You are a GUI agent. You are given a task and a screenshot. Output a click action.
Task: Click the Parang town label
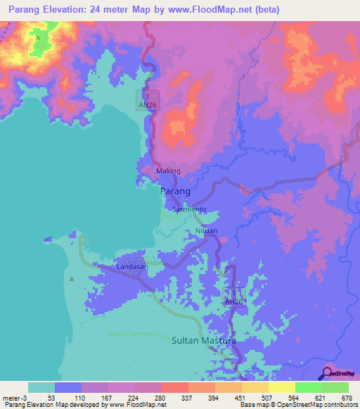[176, 191]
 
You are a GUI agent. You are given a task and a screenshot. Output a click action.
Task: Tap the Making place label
[168, 171]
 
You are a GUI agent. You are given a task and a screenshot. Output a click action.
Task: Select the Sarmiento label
[189, 209]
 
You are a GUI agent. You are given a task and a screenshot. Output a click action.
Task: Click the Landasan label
[131, 266]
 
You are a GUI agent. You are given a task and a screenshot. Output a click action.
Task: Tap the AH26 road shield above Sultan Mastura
[233, 301]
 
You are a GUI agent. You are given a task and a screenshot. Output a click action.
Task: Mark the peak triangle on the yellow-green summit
[37, 37]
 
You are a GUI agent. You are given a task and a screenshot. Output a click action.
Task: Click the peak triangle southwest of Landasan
[71, 279]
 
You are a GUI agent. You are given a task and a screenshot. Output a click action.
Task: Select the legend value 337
[186, 397]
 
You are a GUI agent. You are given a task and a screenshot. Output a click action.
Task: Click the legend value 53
[51, 397]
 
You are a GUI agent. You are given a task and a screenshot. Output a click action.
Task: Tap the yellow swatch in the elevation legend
[281, 387]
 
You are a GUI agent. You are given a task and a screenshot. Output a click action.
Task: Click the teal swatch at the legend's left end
[41, 387]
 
